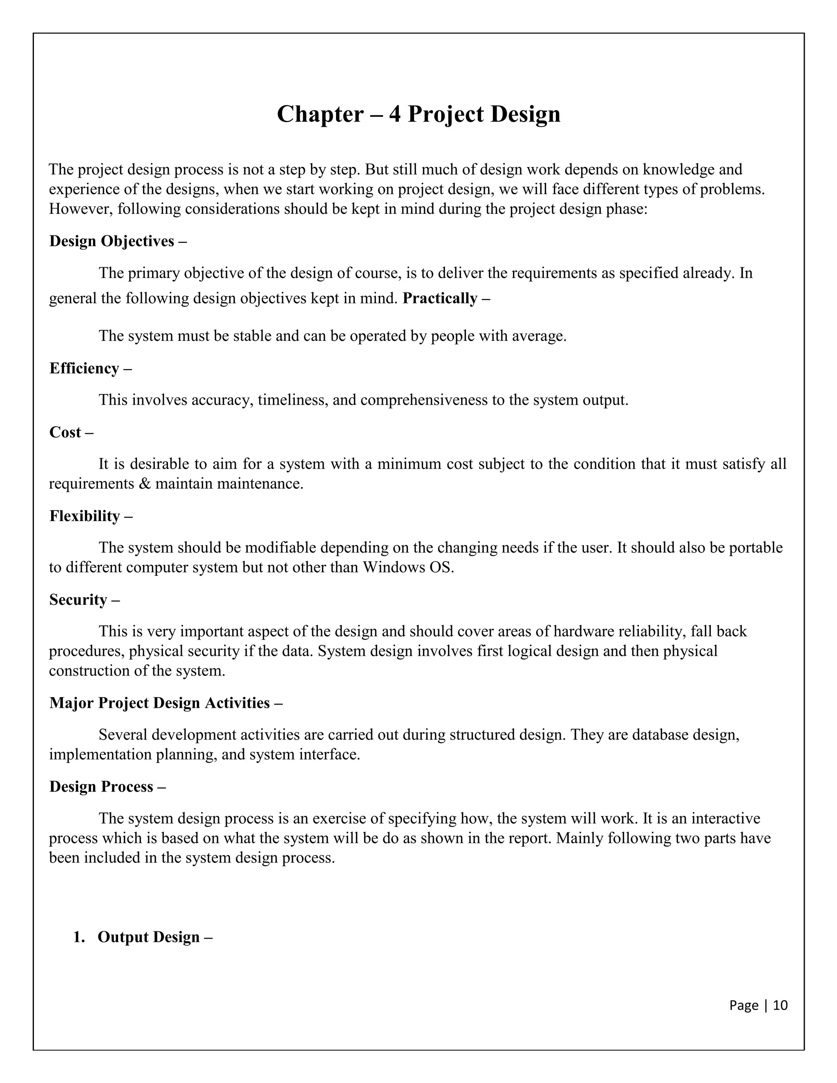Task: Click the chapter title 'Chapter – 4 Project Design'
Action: click(x=418, y=114)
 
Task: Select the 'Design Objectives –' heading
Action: click(x=118, y=241)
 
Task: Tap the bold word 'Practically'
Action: click(x=439, y=298)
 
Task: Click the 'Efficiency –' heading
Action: click(x=90, y=369)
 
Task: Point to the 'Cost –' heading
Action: click(x=71, y=432)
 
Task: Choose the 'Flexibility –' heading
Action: click(x=91, y=516)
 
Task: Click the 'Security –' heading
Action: click(x=84, y=600)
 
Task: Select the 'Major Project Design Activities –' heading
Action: click(x=166, y=703)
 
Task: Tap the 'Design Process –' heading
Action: click(x=107, y=787)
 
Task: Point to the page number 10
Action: click(x=780, y=1005)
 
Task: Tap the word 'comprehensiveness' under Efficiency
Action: click(x=424, y=400)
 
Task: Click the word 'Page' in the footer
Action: click(x=743, y=1005)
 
